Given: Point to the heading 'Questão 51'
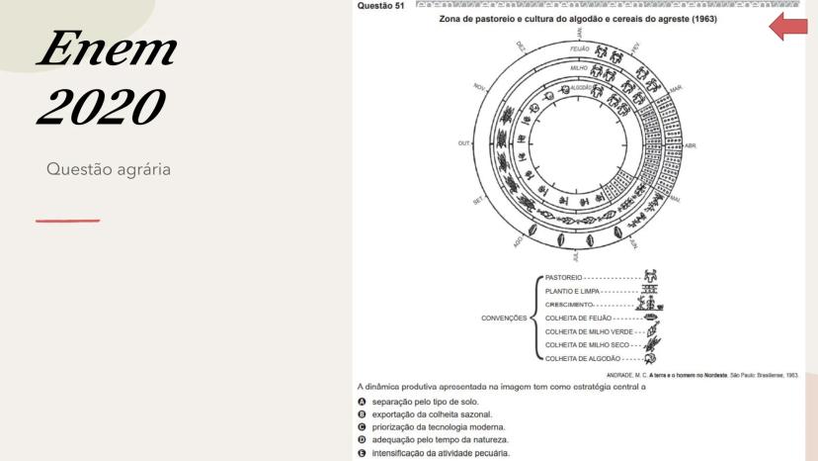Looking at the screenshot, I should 378,6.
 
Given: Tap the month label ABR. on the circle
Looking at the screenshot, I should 691,145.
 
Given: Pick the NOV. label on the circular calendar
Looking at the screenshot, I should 481,88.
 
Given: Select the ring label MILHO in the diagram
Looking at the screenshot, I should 579,67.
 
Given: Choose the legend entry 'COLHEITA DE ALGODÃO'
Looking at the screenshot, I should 583,358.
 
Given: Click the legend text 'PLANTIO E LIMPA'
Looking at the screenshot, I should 572,292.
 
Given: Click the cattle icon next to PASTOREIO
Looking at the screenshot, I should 651,277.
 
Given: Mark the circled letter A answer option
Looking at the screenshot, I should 362,403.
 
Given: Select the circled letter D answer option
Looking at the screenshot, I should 362,439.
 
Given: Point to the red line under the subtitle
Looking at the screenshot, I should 67,220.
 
